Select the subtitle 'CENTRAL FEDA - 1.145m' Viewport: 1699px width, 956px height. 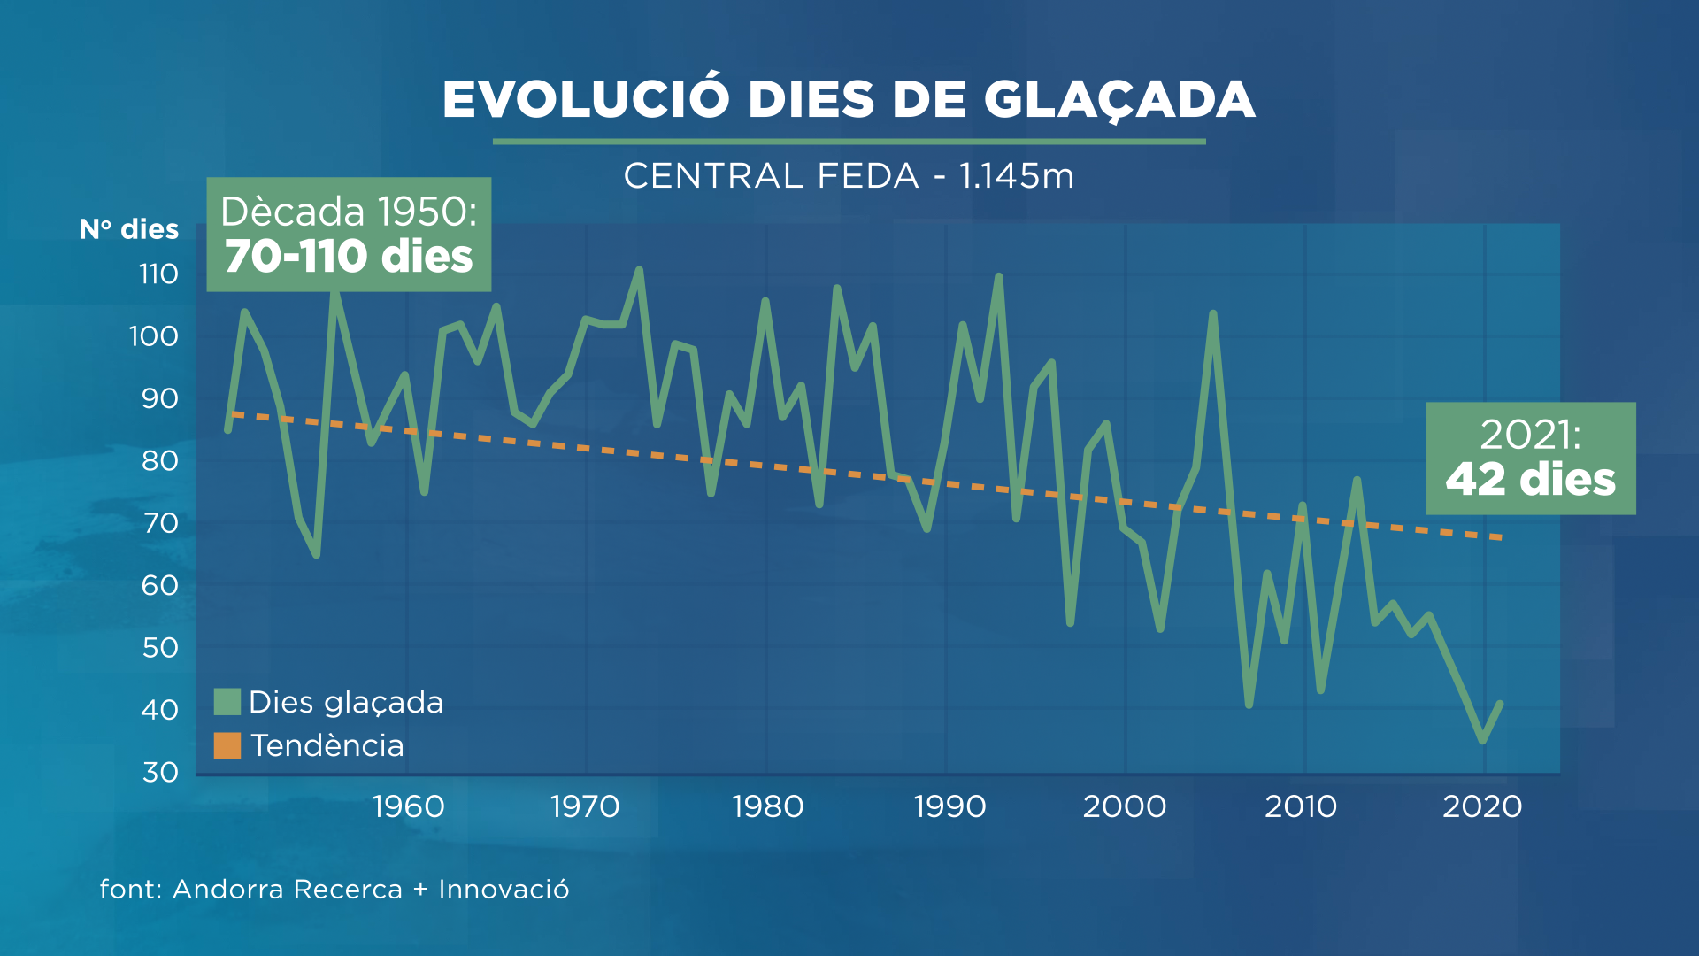click(x=849, y=176)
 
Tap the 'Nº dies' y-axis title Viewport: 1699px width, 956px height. click(x=129, y=229)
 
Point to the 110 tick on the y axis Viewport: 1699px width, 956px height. click(x=158, y=274)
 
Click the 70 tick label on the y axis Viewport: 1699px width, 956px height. click(x=160, y=523)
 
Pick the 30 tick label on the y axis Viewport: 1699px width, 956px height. click(x=160, y=773)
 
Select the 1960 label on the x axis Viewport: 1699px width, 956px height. click(x=408, y=806)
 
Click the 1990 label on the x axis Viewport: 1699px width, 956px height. click(x=949, y=806)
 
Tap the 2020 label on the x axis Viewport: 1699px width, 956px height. click(x=1482, y=806)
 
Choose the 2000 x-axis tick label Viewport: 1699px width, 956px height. click(x=1125, y=806)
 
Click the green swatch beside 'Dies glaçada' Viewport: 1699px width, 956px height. click(x=227, y=702)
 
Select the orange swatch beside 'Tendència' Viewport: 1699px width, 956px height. click(x=227, y=745)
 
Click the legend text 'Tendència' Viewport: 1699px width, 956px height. click(x=327, y=745)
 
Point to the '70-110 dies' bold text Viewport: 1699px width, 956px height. click(x=349, y=257)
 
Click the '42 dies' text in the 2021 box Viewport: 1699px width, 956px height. click(x=1530, y=480)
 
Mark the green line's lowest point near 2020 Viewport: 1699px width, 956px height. click(x=1482, y=741)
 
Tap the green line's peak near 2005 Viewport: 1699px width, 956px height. click(x=1212, y=313)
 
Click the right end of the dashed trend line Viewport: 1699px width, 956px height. click(x=1501, y=537)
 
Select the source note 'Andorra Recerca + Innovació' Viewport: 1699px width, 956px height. click(x=371, y=889)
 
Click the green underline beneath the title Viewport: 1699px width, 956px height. click(x=849, y=141)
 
